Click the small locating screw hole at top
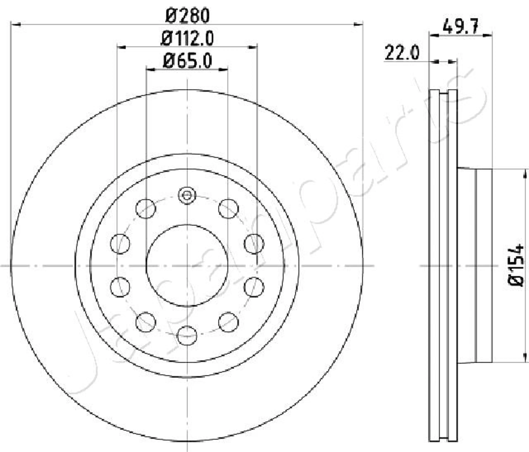click(x=187, y=196)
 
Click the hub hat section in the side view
click(x=475, y=265)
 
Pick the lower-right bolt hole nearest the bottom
click(x=229, y=322)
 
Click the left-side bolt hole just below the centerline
click(x=120, y=287)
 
